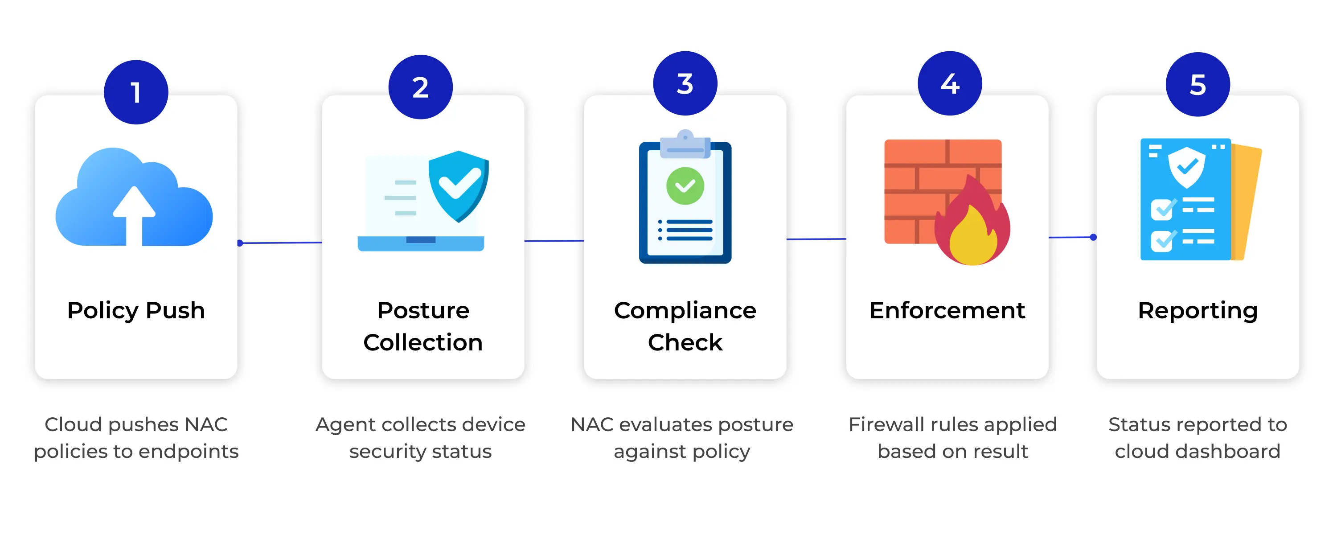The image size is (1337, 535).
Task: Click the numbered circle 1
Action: point(136,92)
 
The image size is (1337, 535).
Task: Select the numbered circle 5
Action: point(1198,84)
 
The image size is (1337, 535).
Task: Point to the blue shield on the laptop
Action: point(458,185)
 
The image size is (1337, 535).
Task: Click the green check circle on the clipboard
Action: point(685,186)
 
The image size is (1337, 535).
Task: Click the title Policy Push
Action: point(136,311)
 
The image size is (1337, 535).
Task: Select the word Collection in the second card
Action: point(423,342)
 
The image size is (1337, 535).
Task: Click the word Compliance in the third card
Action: point(685,311)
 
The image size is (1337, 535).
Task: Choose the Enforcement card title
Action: point(947,310)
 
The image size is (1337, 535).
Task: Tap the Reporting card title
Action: point(1198,311)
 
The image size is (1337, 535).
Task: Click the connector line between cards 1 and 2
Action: point(280,243)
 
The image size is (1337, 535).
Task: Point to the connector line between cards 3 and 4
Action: point(816,239)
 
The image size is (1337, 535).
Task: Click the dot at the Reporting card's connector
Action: point(1094,237)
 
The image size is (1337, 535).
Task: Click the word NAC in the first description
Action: point(206,424)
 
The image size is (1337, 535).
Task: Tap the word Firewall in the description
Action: point(882,424)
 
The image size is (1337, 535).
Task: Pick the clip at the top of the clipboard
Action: point(685,144)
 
